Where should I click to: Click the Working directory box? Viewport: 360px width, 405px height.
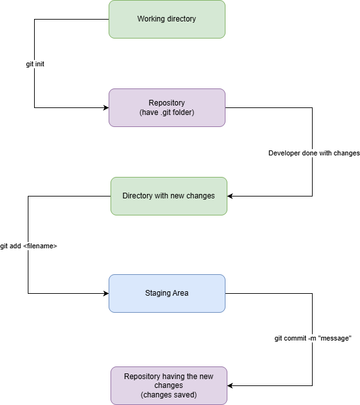[x=167, y=20]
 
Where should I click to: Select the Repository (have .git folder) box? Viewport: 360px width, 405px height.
[x=167, y=107]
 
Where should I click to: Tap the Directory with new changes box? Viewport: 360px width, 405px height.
[x=169, y=196]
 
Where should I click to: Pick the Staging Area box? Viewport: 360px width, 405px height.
[x=167, y=293]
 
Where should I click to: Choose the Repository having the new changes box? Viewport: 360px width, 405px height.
[x=169, y=385]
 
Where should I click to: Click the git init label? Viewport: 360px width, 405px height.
[x=35, y=64]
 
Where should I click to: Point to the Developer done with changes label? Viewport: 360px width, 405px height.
[x=314, y=153]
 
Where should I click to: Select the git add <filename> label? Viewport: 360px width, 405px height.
[x=28, y=246]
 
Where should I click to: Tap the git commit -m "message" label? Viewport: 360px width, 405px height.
[x=313, y=339]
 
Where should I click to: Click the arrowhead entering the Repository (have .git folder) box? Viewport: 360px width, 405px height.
[x=106, y=107]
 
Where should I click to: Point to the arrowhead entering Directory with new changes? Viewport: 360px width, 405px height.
[x=230, y=196]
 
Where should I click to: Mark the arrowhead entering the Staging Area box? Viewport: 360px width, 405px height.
[x=106, y=293]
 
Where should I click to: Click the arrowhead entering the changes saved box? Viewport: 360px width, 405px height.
[x=230, y=385]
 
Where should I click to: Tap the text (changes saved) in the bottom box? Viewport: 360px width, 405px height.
[x=169, y=395]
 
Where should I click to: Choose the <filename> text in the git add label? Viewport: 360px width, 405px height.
[x=40, y=246]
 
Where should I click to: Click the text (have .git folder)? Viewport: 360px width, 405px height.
[x=167, y=112]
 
